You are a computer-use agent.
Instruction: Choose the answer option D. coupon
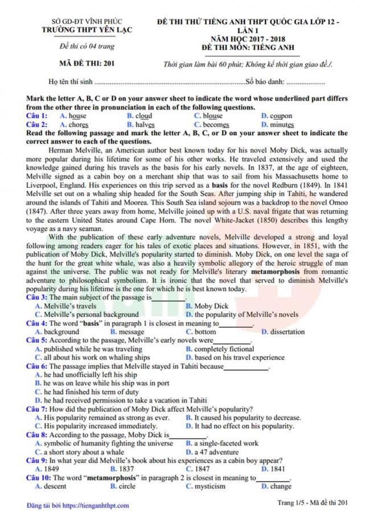(x=277, y=116)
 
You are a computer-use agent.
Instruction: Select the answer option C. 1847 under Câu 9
(x=198, y=469)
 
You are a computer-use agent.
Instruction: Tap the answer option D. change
(x=276, y=486)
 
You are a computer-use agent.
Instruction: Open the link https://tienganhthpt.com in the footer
(x=95, y=505)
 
